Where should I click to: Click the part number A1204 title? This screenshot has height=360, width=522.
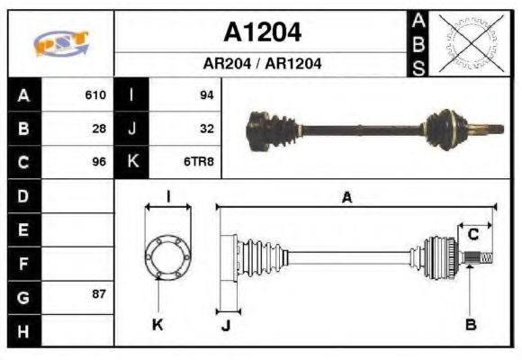tap(262, 33)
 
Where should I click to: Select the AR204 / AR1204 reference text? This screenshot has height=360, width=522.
tap(262, 64)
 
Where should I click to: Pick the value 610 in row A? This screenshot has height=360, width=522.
tap(95, 94)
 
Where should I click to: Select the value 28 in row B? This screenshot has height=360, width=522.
tap(99, 129)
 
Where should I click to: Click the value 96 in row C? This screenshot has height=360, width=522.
tap(99, 163)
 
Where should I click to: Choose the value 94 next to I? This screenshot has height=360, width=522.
tap(206, 94)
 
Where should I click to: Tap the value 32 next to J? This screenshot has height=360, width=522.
tap(206, 129)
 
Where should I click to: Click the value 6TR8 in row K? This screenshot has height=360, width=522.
tap(200, 163)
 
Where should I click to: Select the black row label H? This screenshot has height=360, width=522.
tap(22, 330)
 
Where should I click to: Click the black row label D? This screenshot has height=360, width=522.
tap(22, 195)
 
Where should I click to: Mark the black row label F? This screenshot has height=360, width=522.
tap(22, 264)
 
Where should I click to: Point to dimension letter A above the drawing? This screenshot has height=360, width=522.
tap(346, 198)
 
